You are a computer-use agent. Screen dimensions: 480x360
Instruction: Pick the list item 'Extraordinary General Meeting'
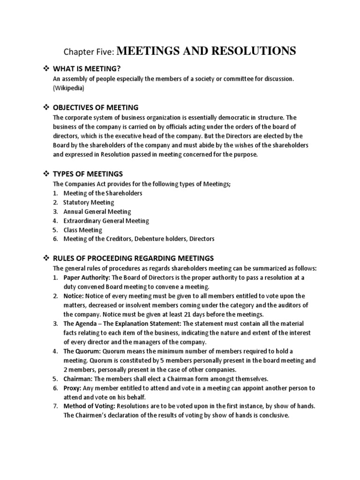tap(107, 220)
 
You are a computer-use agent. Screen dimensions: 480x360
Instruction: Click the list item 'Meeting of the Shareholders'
tap(103, 193)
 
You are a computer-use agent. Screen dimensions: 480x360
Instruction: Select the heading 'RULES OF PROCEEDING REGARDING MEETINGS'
tap(134, 258)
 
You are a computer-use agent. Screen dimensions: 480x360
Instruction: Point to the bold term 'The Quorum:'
tap(80, 351)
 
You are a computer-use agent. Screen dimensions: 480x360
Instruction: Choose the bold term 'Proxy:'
tap(72, 388)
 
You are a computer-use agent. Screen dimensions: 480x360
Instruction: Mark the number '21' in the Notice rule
tap(187, 314)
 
